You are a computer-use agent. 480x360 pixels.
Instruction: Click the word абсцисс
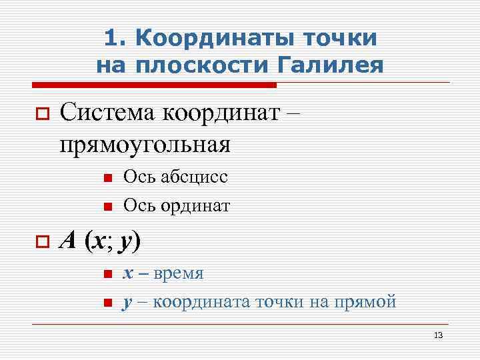coord(195,177)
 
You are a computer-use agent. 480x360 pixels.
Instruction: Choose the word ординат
coord(196,206)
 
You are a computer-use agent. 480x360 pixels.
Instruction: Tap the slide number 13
coord(438,335)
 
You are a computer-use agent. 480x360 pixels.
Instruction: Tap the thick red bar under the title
coord(154,85)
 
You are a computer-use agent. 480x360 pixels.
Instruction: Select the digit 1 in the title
coord(112,38)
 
